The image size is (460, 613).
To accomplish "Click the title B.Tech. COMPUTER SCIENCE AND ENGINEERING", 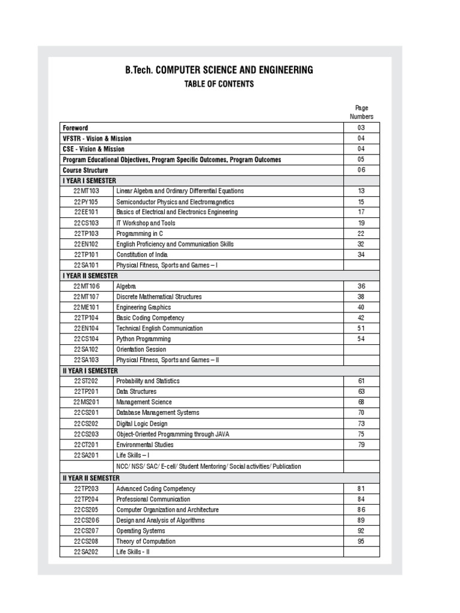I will (x=219, y=70).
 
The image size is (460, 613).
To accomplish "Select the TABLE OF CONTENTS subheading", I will (x=219, y=84).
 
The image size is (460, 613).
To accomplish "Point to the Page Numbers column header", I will (x=361, y=113).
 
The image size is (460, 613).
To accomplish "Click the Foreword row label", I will (x=75, y=128).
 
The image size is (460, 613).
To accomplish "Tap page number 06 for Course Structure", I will (x=361, y=170).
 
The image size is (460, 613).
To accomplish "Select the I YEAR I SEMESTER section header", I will (x=89, y=181).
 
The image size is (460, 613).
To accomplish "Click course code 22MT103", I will (x=86, y=191).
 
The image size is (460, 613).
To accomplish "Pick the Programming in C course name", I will (x=140, y=233).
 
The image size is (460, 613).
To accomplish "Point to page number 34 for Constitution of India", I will (x=361, y=254).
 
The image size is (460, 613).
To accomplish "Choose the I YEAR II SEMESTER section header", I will (x=90, y=276).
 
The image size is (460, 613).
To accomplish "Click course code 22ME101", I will (x=86, y=307).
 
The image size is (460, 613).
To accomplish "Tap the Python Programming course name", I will (x=143, y=339).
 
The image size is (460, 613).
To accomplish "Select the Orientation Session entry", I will (x=141, y=350).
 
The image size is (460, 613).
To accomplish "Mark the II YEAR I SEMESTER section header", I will (x=90, y=371).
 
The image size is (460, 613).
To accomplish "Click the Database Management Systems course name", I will (x=158, y=413).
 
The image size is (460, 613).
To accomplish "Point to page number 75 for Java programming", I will (x=361, y=434).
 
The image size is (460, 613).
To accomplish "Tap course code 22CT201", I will (x=86, y=445).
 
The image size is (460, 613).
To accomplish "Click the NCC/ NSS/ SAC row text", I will (x=208, y=466).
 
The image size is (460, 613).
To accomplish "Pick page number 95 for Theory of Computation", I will (x=361, y=541).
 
